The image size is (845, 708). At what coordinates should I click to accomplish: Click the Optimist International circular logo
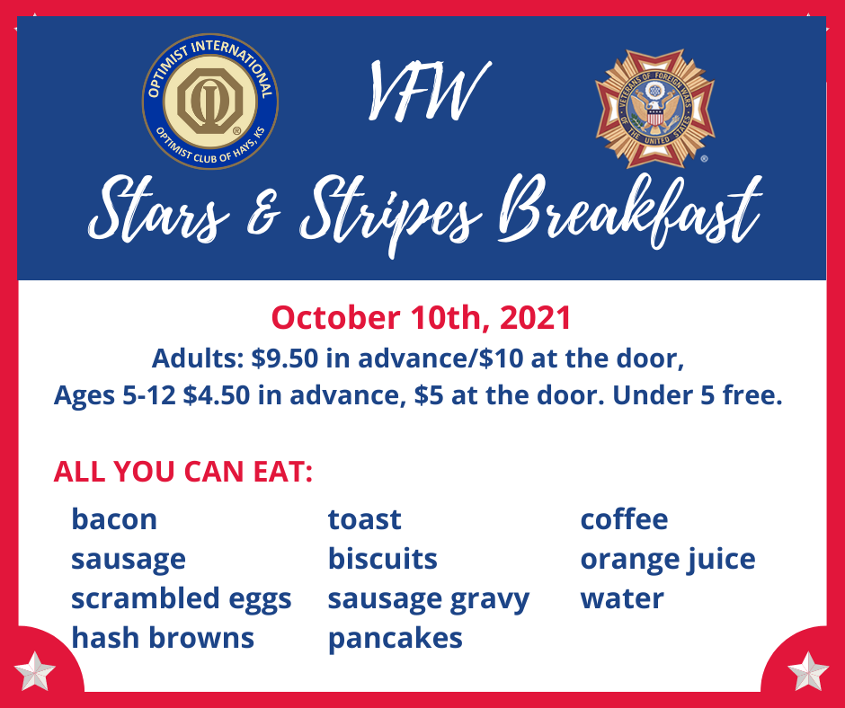210,102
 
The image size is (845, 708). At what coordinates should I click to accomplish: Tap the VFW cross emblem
654,108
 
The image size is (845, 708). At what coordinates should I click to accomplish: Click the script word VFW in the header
429,91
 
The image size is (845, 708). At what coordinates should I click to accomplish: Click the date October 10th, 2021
421,317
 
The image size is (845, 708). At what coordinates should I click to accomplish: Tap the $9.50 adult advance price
285,358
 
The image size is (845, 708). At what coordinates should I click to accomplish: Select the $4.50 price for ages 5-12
217,395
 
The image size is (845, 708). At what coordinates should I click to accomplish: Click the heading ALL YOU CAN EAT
182,472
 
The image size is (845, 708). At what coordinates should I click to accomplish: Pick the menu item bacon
114,519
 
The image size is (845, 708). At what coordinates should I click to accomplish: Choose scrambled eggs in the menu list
181,599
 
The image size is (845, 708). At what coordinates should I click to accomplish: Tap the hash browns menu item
162,638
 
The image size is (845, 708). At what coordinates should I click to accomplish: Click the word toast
364,520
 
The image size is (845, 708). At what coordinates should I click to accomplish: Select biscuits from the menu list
383,559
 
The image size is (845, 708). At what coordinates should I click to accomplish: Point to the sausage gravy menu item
429,599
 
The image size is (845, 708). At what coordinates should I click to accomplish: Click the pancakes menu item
395,639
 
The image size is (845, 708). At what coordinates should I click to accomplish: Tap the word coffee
624,519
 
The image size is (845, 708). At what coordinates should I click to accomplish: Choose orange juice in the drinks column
668,560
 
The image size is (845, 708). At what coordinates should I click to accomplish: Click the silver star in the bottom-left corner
34,671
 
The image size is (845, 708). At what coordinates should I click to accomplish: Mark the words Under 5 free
698,395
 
